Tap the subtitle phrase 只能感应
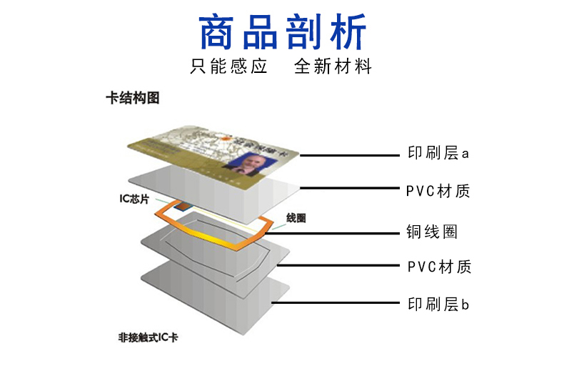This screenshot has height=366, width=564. [228, 67]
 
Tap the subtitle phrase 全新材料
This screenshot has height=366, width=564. [333, 67]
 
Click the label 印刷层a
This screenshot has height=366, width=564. [438, 154]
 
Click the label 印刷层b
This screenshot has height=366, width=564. [438, 305]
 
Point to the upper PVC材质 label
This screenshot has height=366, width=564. [438, 192]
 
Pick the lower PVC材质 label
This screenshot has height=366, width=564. [438, 267]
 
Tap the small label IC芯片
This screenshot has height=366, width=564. [134, 199]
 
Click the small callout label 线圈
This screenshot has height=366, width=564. [296, 217]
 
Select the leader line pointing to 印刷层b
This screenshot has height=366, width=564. [336, 303]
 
